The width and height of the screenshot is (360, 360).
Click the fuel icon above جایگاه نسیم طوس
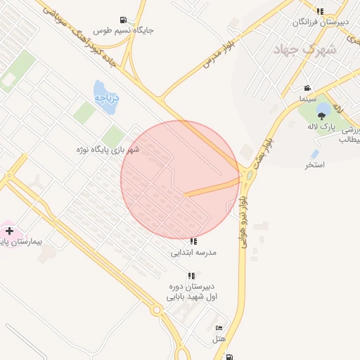124,20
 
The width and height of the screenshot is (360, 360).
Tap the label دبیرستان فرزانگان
320,22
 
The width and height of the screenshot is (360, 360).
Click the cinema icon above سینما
307,89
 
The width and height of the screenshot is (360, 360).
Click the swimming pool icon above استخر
315,154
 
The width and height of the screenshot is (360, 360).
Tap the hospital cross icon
9,231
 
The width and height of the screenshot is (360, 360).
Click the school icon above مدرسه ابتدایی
193,241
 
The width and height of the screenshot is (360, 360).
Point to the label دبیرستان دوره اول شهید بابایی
191,292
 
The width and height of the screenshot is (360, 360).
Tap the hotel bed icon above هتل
219,328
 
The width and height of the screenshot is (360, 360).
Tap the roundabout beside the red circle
248,175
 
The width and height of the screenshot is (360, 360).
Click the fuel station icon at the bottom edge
230,356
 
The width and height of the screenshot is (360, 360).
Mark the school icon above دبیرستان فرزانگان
321,11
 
